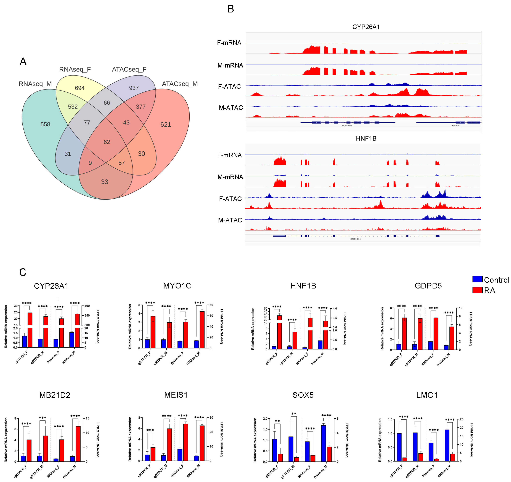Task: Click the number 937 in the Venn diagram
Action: [134, 88]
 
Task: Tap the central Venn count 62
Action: [107, 142]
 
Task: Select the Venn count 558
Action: [45, 124]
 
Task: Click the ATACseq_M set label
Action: [180, 84]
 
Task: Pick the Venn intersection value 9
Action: [90, 163]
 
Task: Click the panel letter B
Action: [231, 9]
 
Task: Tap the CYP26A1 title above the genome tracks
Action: [366, 27]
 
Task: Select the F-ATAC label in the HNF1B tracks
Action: [230, 199]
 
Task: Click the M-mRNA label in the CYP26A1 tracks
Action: [230, 65]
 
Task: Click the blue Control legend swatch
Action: [477, 279]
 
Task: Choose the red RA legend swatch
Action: [477, 290]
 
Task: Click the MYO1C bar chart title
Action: [177, 286]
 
